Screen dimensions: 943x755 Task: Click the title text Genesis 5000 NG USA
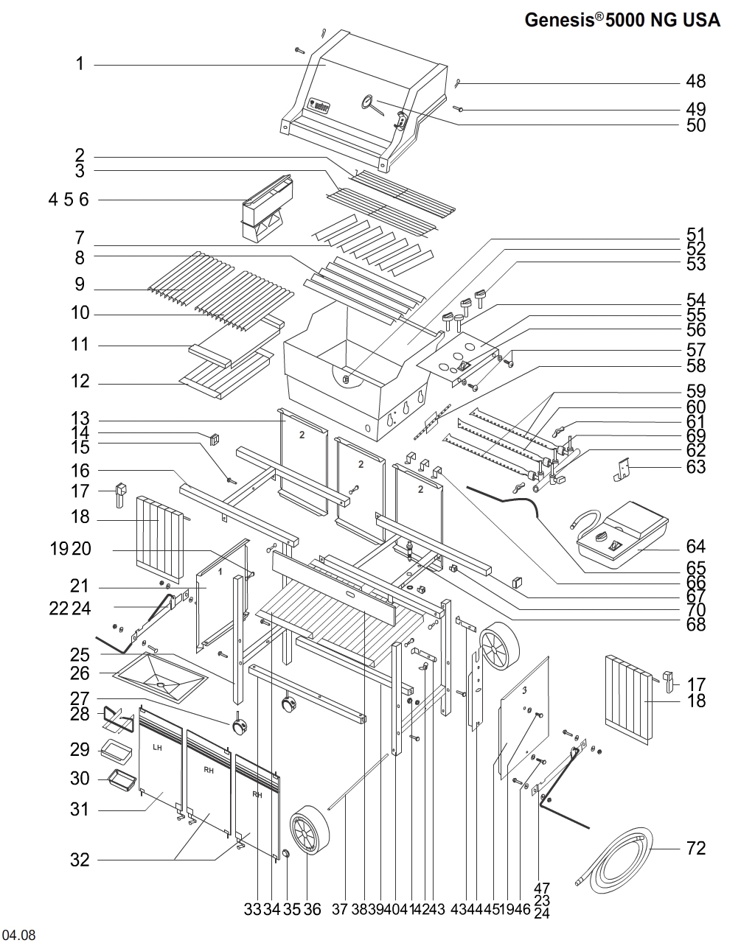click(x=622, y=20)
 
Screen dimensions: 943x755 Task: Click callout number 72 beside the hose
click(x=695, y=849)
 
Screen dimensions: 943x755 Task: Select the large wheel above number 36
click(x=310, y=830)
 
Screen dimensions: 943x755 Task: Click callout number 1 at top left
click(x=80, y=64)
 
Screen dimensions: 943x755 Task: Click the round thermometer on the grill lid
click(x=367, y=102)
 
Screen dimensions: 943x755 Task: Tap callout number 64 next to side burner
click(x=695, y=547)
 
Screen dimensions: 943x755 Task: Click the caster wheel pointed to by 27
click(x=240, y=727)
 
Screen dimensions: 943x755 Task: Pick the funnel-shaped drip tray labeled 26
click(x=160, y=676)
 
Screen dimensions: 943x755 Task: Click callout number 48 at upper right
click(x=695, y=81)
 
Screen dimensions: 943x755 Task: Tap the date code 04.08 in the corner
click(x=19, y=935)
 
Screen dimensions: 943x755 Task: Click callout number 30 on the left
click(x=80, y=779)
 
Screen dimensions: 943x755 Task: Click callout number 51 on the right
click(x=695, y=234)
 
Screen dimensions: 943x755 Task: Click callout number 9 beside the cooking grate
click(x=80, y=284)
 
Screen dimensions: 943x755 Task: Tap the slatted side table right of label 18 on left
click(x=159, y=537)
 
